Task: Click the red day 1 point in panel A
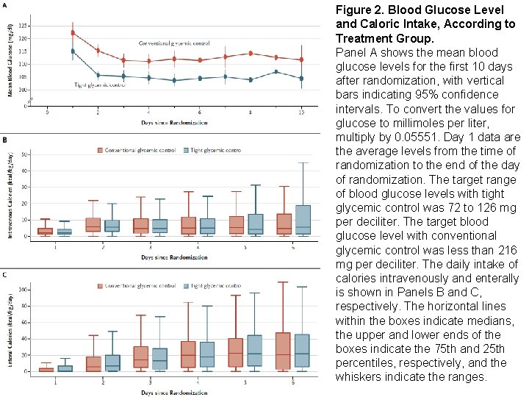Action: coord(73,32)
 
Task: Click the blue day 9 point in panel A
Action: coord(276,72)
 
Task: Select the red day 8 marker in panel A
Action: coord(251,53)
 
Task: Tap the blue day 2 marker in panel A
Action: coord(98,75)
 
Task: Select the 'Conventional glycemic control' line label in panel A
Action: coord(174,44)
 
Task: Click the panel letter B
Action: coord(6,139)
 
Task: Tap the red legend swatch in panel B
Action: coord(101,150)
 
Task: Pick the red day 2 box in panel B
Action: coord(93,225)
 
